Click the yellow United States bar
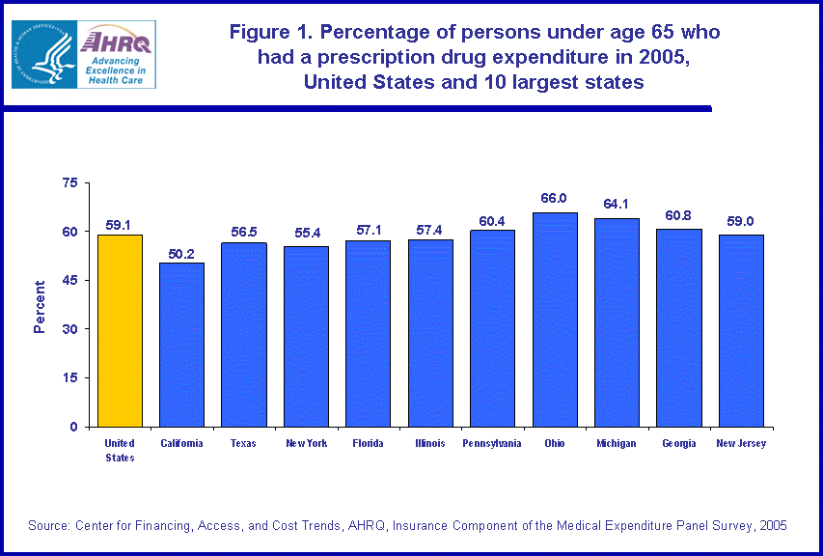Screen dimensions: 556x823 [x=120, y=330]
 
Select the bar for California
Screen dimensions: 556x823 [x=181, y=345]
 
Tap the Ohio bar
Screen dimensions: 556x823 [x=554, y=320]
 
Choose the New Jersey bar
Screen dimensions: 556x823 [x=741, y=330]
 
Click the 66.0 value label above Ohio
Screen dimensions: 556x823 [x=554, y=198]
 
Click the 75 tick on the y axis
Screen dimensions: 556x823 [x=69, y=182]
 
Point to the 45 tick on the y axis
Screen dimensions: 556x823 [x=69, y=281]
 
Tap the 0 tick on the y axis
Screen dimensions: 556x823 [x=73, y=427]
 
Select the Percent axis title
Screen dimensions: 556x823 [x=40, y=306]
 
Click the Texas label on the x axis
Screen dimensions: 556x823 [x=243, y=444]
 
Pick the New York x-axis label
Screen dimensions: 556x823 [x=306, y=444]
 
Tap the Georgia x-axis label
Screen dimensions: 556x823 [x=678, y=444]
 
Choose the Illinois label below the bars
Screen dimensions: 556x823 [x=430, y=444]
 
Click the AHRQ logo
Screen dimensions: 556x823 [x=83, y=54]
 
